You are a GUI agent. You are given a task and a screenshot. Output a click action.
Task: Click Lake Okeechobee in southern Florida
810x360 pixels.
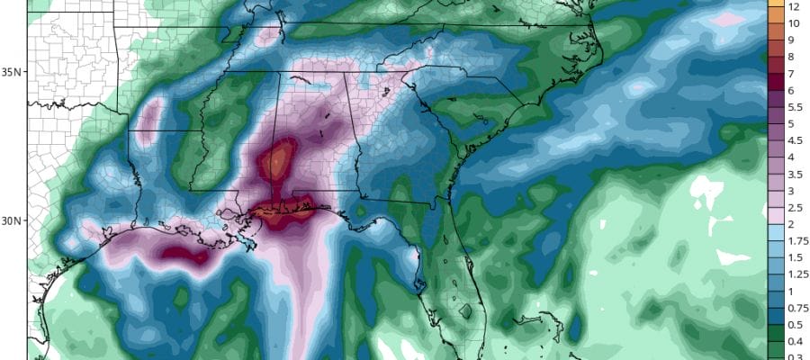coord(464,311)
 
